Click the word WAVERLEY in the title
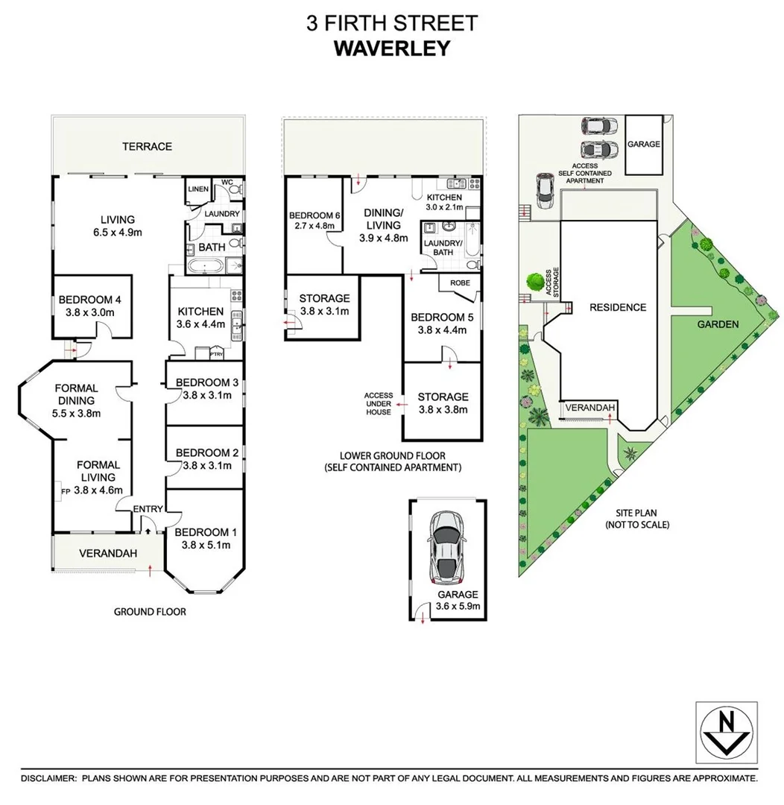click(391, 48)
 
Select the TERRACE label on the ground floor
click(147, 146)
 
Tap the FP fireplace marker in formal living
click(66, 490)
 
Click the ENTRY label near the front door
click(147, 509)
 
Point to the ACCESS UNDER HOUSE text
click(377, 403)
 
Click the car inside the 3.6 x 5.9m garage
click(445, 548)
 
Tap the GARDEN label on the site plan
click(718, 324)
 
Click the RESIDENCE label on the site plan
click(617, 307)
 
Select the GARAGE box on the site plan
click(643, 145)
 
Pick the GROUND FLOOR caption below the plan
click(149, 612)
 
